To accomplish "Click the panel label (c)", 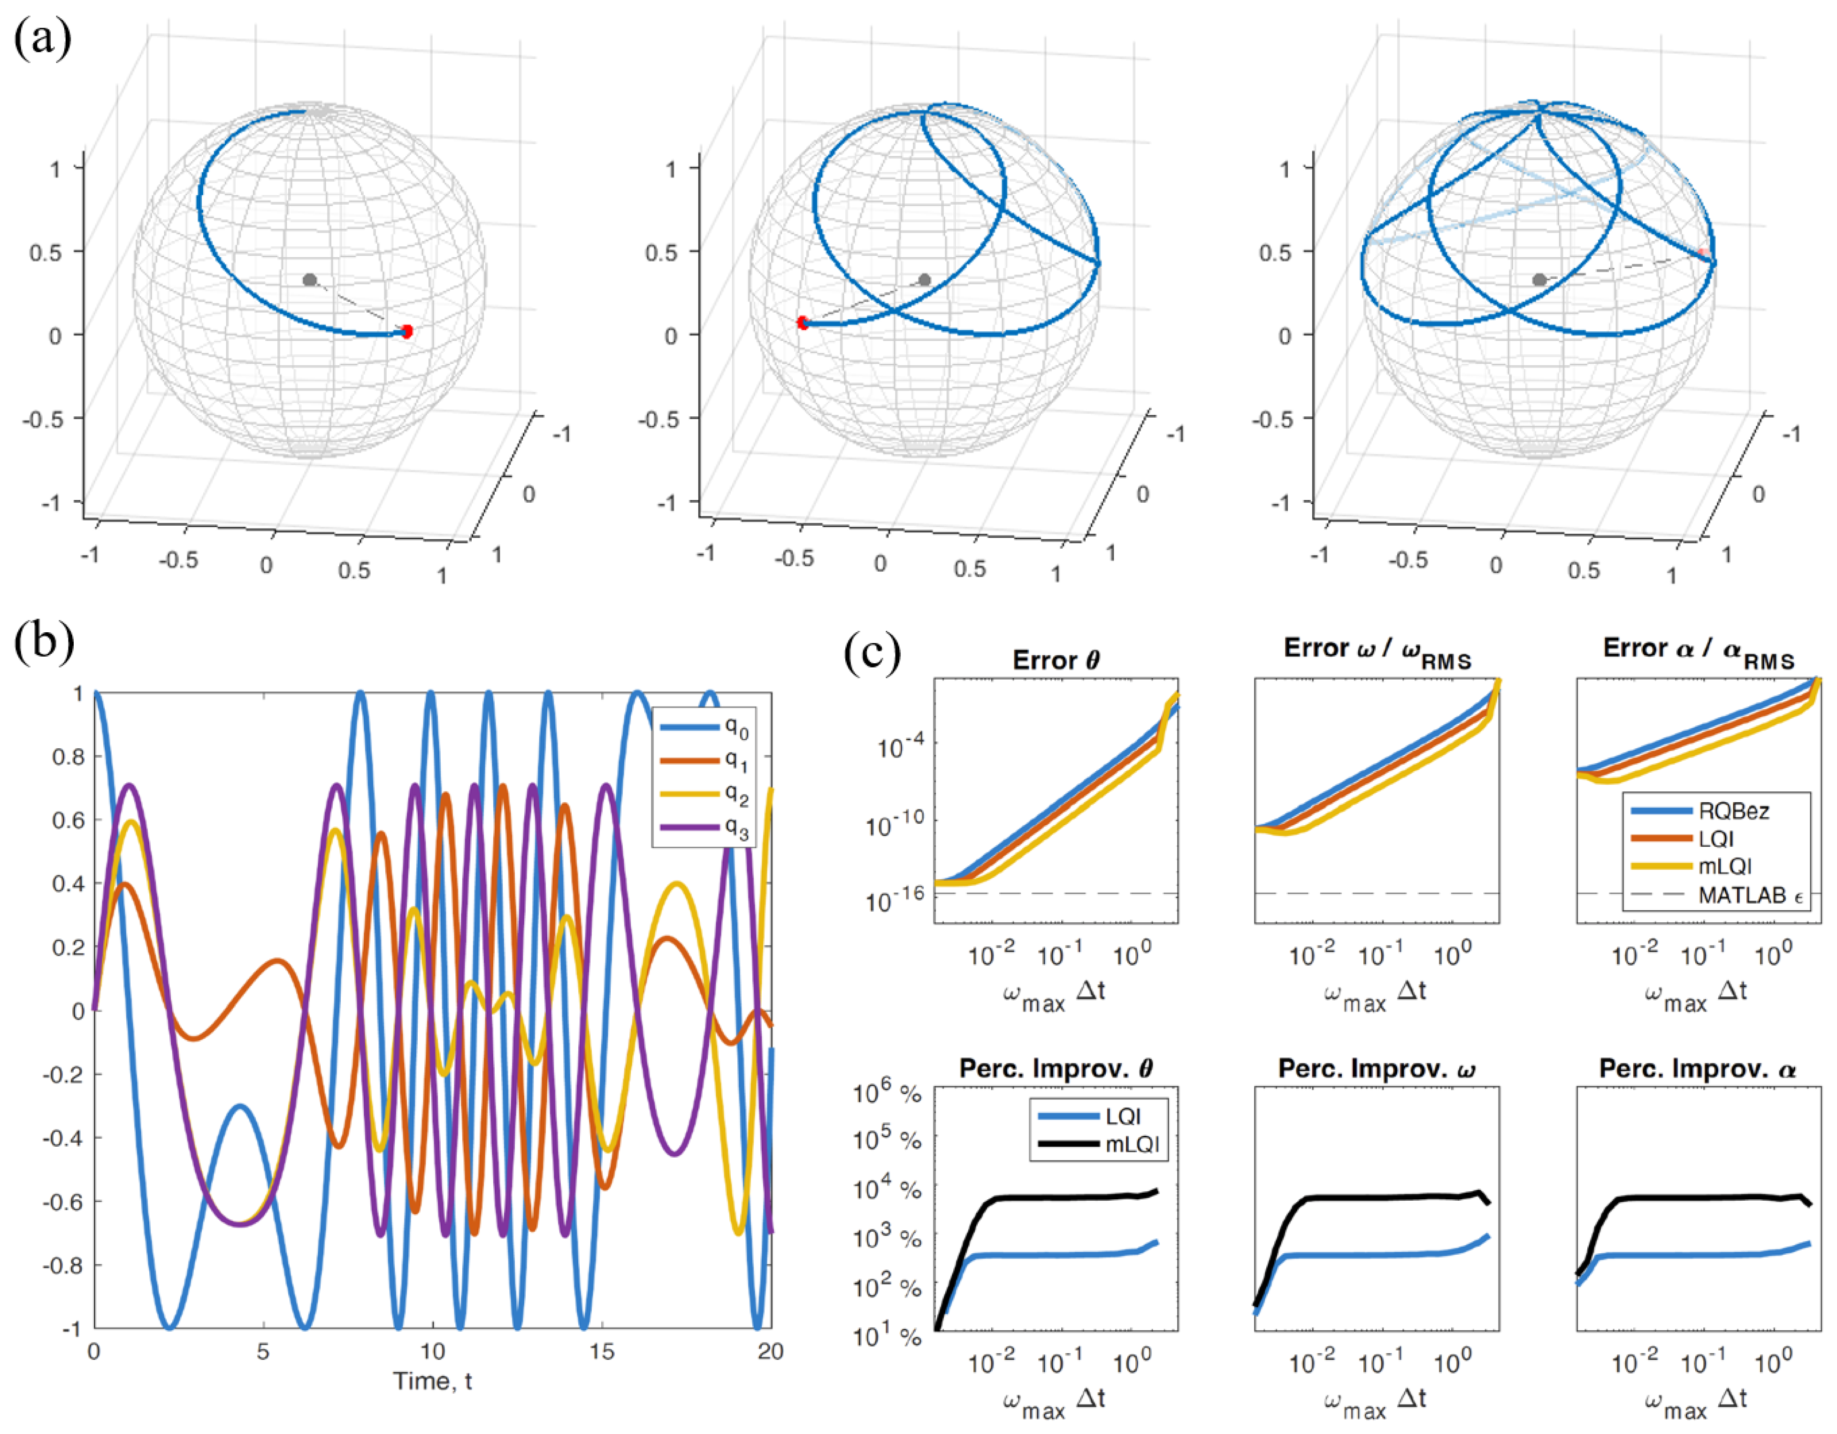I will pos(872,652).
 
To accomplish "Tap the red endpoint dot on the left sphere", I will pos(407,331).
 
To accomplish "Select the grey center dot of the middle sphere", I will pos(925,279).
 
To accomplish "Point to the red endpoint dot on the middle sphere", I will pos(803,322).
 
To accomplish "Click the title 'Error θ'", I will pos(1056,661).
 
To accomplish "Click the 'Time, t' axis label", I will pos(432,1381).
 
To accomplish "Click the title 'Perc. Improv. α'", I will pos(1698,1069).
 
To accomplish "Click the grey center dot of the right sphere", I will pos(1539,279).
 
